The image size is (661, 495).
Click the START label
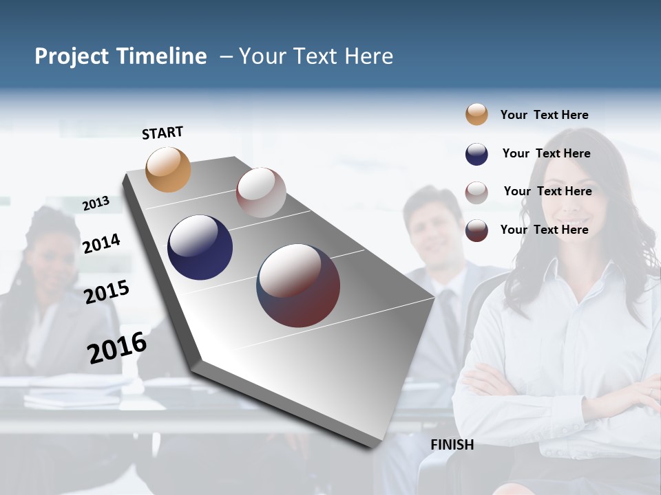162,133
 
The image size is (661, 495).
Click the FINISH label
452,445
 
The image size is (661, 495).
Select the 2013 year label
96,203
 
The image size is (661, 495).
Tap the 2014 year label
102,243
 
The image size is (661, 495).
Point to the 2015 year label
107,292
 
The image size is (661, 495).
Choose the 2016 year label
117,348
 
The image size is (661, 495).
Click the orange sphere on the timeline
169,169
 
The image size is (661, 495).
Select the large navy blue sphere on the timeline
200,247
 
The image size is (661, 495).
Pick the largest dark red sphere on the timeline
298,285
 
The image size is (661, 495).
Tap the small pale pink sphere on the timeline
261,192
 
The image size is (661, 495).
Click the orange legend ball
476,115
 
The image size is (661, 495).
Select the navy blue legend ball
476,154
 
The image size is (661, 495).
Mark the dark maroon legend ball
476,230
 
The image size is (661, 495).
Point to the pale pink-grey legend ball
476,192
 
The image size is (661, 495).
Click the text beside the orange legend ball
544,115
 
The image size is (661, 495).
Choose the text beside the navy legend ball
546,153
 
